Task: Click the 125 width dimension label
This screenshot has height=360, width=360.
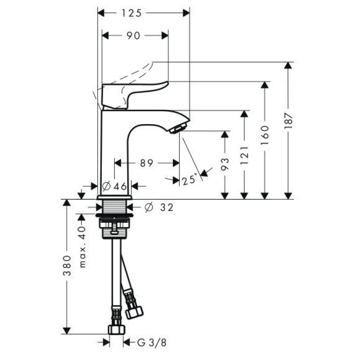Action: [x=131, y=13]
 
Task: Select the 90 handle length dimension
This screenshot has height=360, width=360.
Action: [x=133, y=36]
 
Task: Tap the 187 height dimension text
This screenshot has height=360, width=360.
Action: [x=288, y=121]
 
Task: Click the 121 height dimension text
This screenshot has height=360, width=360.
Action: [x=244, y=155]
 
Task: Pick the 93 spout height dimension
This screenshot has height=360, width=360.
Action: [x=225, y=164]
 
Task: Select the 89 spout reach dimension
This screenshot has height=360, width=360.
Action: [x=147, y=163]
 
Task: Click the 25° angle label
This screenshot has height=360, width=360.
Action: [x=190, y=180]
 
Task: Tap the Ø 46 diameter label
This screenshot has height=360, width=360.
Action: [x=115, y=186]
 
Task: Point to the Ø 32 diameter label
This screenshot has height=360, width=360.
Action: [x=159, y=207]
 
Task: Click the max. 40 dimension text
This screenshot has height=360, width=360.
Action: [x=82, y=247]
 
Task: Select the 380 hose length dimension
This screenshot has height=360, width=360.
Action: [x=67, y=265]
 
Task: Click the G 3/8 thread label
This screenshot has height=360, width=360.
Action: [x=152, y=343]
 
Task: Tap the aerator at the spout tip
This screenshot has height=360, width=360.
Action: [x=179, y=128]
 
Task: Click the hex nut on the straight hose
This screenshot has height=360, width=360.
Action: [x=117, y=329]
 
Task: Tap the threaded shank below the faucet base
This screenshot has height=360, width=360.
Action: [x=115, y=207]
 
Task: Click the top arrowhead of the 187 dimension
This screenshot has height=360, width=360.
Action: [x=288, y=65]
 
